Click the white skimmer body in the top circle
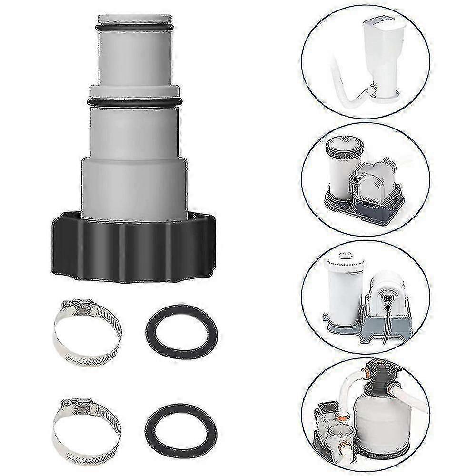(386, 52)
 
